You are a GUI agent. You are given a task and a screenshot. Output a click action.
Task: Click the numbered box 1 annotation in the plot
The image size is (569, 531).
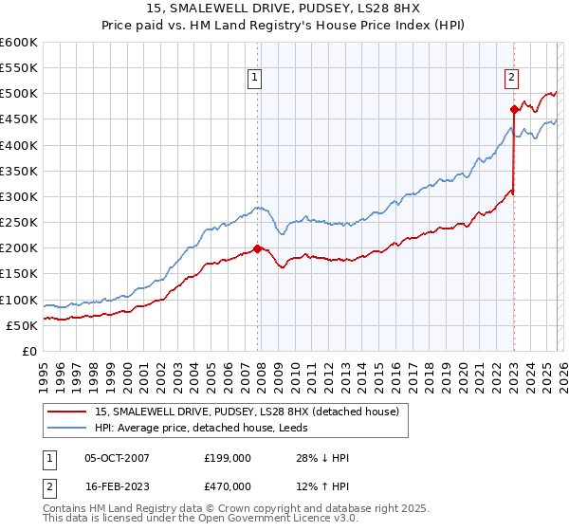point(256,79)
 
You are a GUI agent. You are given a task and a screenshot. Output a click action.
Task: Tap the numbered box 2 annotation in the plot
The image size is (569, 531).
point(511,79)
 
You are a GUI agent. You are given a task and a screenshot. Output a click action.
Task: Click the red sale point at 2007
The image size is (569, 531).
point(257,248)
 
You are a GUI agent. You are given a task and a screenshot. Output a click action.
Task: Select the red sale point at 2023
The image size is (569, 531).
point(514,109)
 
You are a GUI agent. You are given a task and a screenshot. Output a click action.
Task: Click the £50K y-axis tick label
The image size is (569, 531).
point(22,325)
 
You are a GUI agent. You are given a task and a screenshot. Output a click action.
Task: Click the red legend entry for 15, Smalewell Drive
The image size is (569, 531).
point(247,412)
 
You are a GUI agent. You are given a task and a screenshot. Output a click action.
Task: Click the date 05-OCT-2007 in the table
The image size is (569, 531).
point(117,458)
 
